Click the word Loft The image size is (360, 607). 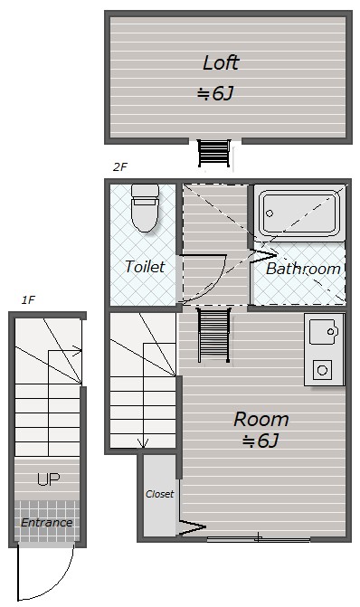point(221,62)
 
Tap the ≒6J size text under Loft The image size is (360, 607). point(215,93)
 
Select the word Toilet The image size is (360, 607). point(145,266)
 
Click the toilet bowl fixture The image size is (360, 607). point(145,207)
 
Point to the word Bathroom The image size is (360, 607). point(303,269)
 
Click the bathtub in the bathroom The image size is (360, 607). point(299,213)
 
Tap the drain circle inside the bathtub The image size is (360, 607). point(270,213)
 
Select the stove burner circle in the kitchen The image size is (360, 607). point(322,371)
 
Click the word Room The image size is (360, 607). point(261,419)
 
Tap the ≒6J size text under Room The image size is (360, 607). point(261,441)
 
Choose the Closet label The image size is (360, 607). point(159,494)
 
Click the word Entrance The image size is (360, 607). point(46,523)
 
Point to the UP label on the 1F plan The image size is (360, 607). point(48,479)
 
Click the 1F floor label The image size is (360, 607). point(28,299)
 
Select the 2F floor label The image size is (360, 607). point(120,166)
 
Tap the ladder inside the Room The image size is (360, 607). point(213,335)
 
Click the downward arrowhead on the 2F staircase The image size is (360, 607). point(144,442)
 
